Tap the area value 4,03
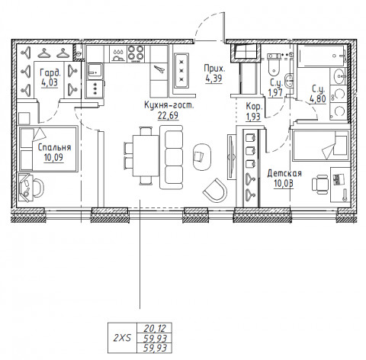point(49,83)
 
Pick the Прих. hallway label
point(213,68)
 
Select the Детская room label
point(284,173)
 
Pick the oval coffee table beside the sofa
point(203,155)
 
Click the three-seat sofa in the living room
point(173,149)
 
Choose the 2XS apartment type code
point(121,336)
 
